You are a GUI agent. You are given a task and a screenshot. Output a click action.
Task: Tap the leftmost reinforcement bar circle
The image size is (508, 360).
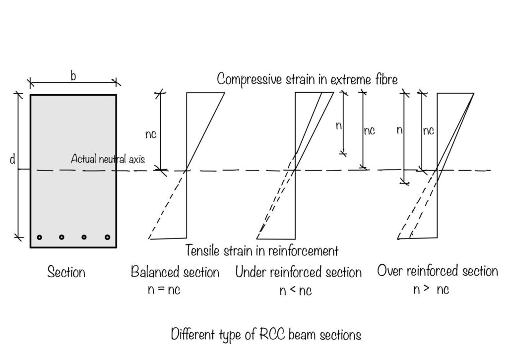click(x=39, y=237)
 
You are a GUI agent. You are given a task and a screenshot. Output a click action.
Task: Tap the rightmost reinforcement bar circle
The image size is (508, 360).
click(x=107, y=237)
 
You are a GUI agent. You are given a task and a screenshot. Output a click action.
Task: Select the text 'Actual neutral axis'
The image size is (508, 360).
click(x=108, y=159)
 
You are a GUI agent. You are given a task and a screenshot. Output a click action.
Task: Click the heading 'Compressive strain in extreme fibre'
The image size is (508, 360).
click(x=307, y=79)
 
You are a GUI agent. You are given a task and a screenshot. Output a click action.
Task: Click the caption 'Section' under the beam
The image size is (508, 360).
click(x=66, y=272)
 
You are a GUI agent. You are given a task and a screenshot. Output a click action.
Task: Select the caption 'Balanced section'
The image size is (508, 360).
click(x=175, y=272)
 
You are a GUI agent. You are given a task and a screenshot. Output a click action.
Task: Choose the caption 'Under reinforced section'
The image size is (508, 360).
click(x=298, y=272)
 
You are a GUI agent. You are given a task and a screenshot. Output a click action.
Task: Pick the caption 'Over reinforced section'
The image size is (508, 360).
click(x=437, y=271)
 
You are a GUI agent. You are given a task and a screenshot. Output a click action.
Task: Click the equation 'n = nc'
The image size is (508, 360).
click(x=164, y=290)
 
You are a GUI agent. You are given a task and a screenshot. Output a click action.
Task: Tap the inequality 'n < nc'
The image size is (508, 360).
click(x=296, y=291)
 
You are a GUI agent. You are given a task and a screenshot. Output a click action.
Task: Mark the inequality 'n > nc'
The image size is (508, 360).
click(x=431, y=290)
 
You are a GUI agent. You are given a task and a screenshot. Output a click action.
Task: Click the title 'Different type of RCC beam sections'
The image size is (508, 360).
click(x=266, y=335)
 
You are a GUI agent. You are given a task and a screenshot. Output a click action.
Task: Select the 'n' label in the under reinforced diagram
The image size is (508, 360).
click(x=338, y=126)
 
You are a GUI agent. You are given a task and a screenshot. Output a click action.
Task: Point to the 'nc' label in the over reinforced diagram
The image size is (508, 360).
click(x=428, y=131)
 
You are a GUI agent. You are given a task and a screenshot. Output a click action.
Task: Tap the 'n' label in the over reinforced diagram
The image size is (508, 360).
click(x=399, y=130)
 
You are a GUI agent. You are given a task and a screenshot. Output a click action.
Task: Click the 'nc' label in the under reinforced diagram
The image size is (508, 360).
click(x=370, y=131)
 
